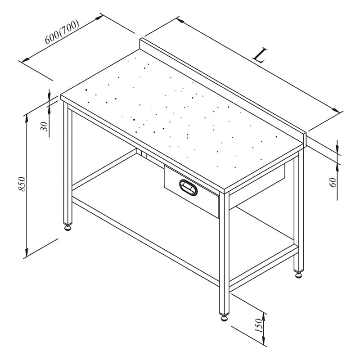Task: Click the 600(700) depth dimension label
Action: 62,31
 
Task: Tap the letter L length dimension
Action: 260,55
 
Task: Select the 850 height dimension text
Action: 22,184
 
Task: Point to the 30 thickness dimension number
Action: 44,126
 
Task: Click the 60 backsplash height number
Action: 333,183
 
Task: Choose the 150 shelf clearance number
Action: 259,325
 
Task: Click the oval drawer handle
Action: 188,188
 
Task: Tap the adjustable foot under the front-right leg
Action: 224,318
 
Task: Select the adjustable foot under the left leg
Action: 68,228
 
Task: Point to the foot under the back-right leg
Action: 299,275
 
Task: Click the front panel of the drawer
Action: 192,191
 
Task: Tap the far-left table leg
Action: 68,163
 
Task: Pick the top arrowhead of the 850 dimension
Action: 27,118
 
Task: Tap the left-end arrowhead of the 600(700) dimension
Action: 25,60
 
